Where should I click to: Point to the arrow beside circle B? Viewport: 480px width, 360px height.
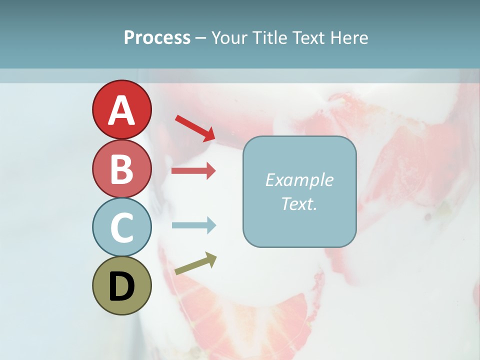coord(193,171)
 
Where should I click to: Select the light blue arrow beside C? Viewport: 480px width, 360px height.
coord(193,225)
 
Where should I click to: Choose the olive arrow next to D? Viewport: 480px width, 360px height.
coord(195,264)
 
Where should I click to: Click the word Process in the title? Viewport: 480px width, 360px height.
coord(157,38)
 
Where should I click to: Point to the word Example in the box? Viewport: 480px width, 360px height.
coord(299,180)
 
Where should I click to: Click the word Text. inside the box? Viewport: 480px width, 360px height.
coord(299,204)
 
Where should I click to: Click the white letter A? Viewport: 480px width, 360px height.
coord(121,110)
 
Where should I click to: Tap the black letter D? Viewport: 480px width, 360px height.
coord(121,286)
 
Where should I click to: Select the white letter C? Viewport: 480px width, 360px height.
coord(121,228)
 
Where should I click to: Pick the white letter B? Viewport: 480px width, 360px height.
coord(121,169)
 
